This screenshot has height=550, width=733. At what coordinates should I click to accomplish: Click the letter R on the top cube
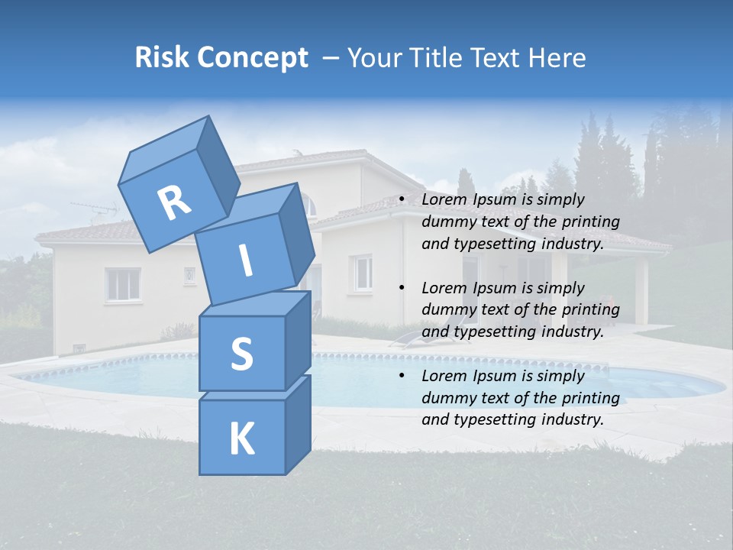click(174, 203)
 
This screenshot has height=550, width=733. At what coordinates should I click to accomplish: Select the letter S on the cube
click(241, 354)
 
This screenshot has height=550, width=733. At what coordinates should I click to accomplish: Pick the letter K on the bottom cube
click(241, 439)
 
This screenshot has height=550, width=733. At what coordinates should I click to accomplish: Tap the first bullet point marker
click(402, 200)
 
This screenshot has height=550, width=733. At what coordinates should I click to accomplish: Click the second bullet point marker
click(402, 288)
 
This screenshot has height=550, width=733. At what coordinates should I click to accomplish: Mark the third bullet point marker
click(402, 376)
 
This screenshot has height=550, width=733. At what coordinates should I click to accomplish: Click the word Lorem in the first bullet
click(442, 200)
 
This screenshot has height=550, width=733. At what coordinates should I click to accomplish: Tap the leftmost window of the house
click(123, 284)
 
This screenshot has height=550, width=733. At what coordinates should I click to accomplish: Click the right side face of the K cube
click(298, 424)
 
